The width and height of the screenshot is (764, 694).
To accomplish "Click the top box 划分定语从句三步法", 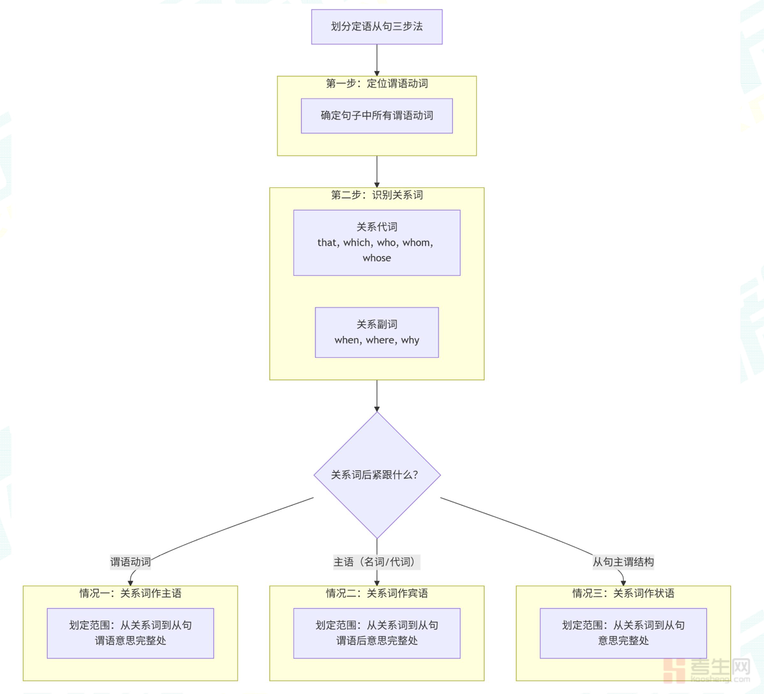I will point(376,26).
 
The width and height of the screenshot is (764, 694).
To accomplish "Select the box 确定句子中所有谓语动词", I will point(376,116).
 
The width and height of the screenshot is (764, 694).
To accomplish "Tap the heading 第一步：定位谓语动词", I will point(376,84).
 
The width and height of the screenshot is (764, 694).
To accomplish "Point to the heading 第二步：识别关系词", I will point(376,195).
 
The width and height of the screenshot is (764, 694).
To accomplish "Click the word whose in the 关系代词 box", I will point(376,258).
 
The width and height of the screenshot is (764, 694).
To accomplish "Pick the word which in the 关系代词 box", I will point(357,242).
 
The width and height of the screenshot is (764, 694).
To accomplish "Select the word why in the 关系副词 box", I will point(410,340).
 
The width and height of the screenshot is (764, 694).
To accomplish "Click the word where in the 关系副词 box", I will point(380,340).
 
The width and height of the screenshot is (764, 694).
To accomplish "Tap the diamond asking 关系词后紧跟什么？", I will point(376,475).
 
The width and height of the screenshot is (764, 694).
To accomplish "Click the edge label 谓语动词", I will point(130,562).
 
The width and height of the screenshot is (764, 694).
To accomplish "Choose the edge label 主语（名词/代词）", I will point(376,562).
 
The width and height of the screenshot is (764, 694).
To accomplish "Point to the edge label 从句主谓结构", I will point(623,562).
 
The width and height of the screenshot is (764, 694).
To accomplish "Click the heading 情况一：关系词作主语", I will point(130,593).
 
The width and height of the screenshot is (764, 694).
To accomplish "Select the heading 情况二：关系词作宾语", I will point(376,593).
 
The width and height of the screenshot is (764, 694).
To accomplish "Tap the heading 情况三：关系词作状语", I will point(623,593).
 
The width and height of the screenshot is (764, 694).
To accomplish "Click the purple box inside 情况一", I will point(130,633).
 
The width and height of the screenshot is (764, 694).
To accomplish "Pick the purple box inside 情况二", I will point(376,633).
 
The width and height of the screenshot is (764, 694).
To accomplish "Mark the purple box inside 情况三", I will point(623,633).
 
